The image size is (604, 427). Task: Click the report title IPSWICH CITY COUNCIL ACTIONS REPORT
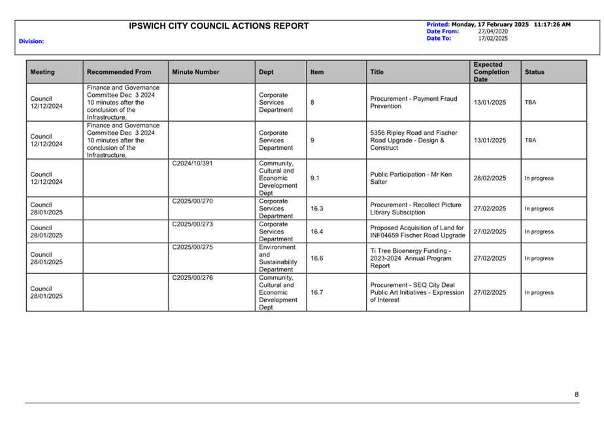(x=219, y=26)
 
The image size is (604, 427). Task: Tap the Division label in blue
(x=31, y=41)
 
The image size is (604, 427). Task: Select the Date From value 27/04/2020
(x=492, y=31)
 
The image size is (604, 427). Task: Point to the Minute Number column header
(x=195, y=72)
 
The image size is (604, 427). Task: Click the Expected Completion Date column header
(x=491, y=72)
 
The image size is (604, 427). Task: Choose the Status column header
(x=534, y=72)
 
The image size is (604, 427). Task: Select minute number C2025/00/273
(x=192, y=224)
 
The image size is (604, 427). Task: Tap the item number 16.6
(x=316, y=258)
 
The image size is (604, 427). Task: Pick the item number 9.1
(x=315, y=178)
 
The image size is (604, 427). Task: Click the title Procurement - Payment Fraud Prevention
(x=413, y=102)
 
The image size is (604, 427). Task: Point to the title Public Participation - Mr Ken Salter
(x=411, y=178)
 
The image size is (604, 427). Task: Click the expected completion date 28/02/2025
(x=490, y=178)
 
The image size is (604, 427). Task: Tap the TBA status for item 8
(x=530, y=103)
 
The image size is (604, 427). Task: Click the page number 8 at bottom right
(x=577, y=394)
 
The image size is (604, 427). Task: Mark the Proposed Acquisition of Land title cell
(x=416, y=231)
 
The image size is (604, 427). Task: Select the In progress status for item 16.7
(x=539, y=292)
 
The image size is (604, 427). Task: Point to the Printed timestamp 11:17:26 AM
(x=552, y=24)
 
